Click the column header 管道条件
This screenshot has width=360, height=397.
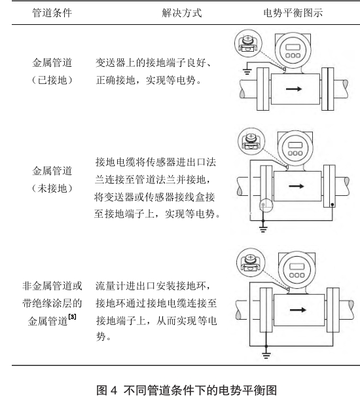pyautogui.click(x=52, y=13)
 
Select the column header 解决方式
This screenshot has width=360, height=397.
pyautogui.click(x=182, y=13)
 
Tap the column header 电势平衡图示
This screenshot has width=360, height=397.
pyautogui.click(x=293, y=13)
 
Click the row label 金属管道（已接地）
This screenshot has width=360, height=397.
pyautogui.click(x=52, y=71)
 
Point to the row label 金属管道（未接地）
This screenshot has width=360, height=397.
pyautogui.click(x=52, y=180)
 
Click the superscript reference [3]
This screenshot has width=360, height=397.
pyautogui.click(x=72, y=316)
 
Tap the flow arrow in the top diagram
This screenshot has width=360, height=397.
pyautogui.click(x=294, y=89)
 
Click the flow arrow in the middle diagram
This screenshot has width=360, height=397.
pyautogui.click(x=297, y=186)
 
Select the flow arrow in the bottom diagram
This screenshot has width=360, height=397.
pyautogui.click(x=298, y=310)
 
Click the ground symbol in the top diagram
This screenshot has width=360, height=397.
pyautogui.click(x=247, y=71)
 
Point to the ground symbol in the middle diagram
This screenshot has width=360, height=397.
pyautogui.click(x=263, y=229)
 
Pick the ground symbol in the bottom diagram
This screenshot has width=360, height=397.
pyautogui.click(x=266, y=355)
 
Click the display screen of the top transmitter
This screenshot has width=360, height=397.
pyautogui.click(x=293, y=47)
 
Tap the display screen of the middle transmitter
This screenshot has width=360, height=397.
pyautogui.click(x=295, y=145)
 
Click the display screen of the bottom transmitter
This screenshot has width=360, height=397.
pyautogui.click(x=297, y=267)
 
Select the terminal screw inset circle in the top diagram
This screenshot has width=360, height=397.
pyautogui.click(x=248, y=43)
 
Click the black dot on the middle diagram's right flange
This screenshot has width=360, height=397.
pyautogui.click(x=333, y=204)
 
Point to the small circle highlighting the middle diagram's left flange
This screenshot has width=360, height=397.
pyautogui.click(x=266, y=205)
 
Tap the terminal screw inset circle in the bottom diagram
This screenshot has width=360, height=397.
pyautogui.click(x=251, y=262)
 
